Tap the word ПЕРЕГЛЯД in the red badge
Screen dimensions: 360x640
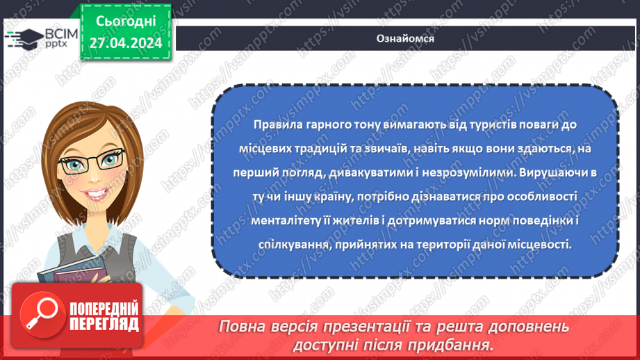104,324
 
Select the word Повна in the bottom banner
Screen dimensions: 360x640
241,327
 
